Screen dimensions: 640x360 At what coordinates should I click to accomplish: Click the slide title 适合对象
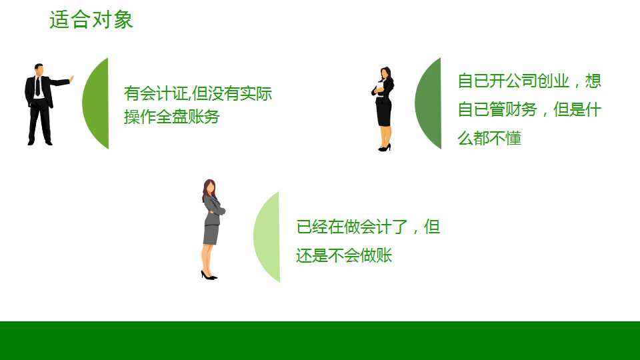tap(91, 19)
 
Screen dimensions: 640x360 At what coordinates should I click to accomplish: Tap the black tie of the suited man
tap(38, 87)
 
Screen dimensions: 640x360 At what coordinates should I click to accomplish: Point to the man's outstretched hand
tap(71, 79)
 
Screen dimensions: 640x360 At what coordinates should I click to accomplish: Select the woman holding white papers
tap(384, 109)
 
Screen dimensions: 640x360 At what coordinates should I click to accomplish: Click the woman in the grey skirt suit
tap(212, 229)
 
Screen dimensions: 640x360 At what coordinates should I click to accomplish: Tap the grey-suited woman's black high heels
tap(209, 276)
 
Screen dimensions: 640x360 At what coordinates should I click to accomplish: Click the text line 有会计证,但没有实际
tap(198, 93)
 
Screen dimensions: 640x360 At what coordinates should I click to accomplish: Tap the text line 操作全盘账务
tap(172, 117)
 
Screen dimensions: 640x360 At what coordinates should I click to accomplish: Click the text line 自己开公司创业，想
tap(529, 81)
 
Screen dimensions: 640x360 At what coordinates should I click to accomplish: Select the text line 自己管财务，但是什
tap(529, 109)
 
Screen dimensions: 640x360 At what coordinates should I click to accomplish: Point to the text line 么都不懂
tap(489, 138)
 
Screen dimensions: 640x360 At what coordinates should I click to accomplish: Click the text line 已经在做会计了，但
tap(368, 227)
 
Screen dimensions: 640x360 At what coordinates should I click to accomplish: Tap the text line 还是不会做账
tap(344, 255)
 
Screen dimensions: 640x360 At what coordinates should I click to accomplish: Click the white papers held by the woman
tap(379, 87)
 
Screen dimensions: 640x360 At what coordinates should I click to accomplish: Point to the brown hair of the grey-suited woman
tap(207, 190)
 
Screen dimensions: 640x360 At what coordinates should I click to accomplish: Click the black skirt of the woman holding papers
tap(384, 113)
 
